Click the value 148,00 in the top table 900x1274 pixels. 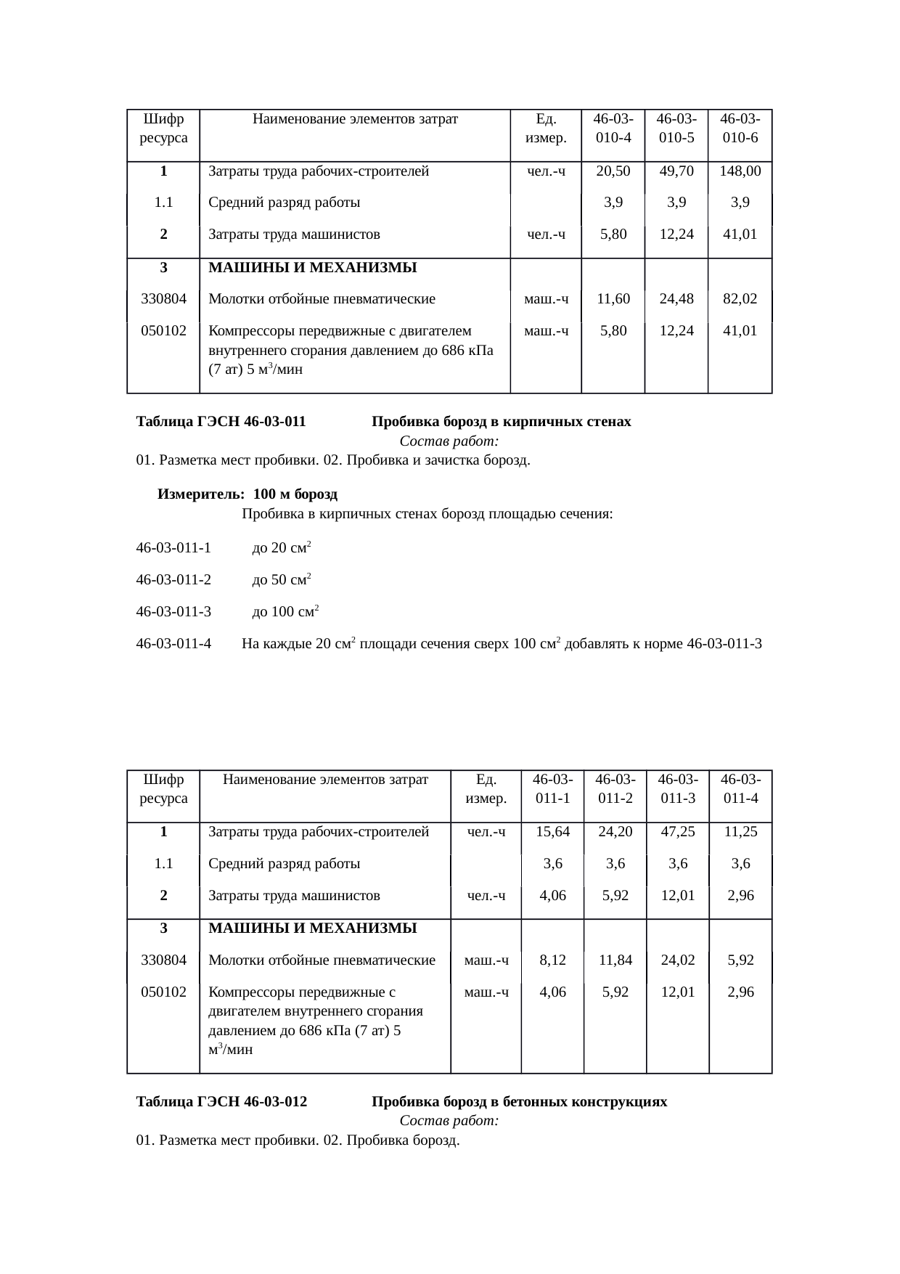coord(740,171)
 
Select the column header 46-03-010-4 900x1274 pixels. coord(613,128)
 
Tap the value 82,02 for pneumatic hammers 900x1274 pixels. coord(740,298)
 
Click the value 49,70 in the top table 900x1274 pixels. coord(676,171)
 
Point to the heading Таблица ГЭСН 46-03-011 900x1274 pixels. coord(221,422)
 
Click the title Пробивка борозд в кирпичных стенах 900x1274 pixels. coord(501,422)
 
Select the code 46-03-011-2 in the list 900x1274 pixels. coord(173,580)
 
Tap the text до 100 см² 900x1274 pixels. coord(285,611)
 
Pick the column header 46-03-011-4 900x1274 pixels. coord(740,788)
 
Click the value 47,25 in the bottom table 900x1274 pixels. coord(678,832)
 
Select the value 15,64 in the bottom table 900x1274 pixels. coord(552,832)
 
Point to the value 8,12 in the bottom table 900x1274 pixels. coord(552,960)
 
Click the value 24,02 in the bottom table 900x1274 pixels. coord(678,960)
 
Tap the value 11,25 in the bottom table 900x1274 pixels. coord(740,832)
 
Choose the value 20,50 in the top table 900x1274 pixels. coord(613,171)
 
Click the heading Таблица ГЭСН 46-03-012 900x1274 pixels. coord(221,1102)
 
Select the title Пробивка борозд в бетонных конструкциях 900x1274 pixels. coord(519,1102)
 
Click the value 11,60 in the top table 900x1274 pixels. coord(613,298)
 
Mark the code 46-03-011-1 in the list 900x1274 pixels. coord(173,548)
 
